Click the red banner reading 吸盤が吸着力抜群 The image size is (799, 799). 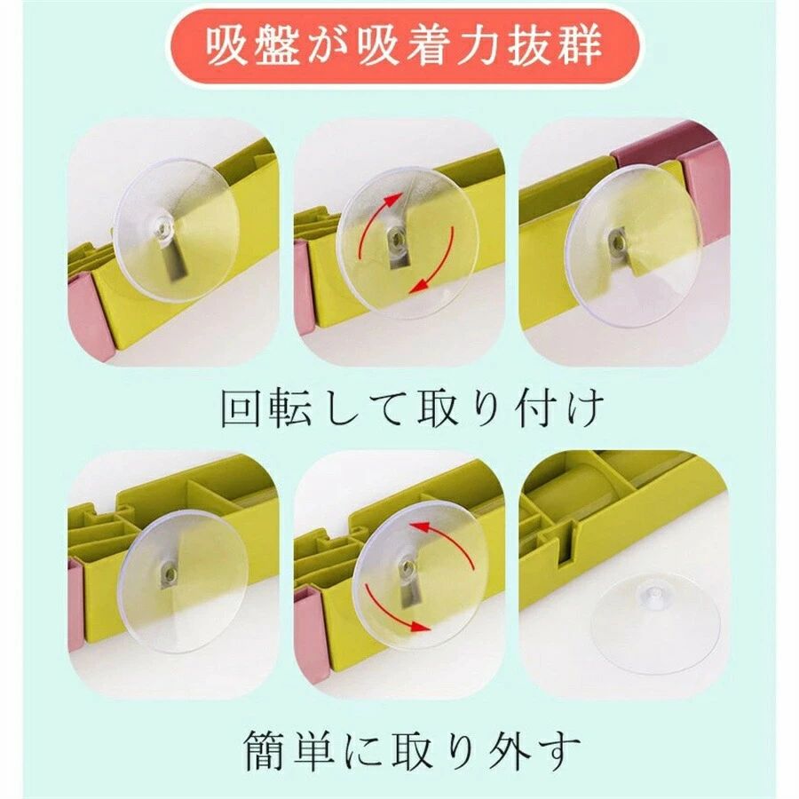pyautogui.click(x=406, y=47)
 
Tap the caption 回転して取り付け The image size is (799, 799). pyautogui.click(x=412, y=407)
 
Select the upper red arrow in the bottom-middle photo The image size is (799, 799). pyautogui.click(x=448, y=543)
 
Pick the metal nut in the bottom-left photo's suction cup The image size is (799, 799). pyautogui.click(x=169, y=571)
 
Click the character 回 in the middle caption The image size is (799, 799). pyautogui.click(x=241, y=408)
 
